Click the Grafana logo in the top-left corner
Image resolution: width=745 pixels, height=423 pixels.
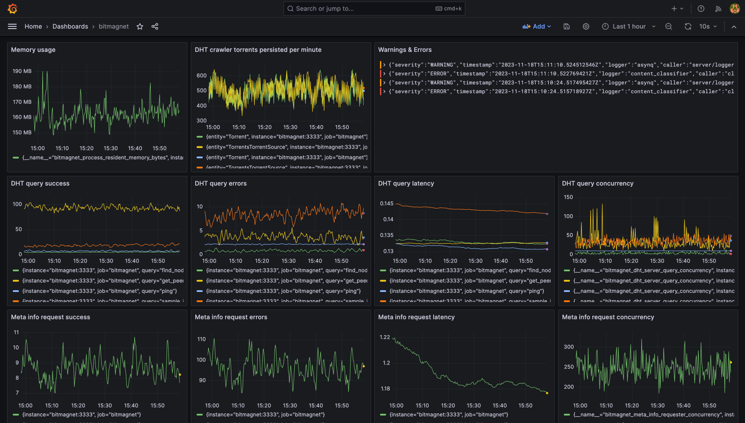[13, 8]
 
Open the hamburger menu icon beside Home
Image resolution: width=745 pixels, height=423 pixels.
[12, 26]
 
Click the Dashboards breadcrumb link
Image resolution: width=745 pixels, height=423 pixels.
[70, 26]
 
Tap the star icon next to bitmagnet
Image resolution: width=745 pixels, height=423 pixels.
[140, 26]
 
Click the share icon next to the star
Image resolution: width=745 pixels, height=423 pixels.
[155, 26]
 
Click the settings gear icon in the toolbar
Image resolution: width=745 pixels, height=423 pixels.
[586, 26]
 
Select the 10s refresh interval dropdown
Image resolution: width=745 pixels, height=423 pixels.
[708, 26]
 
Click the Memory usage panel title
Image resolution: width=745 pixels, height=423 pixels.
[33, 50]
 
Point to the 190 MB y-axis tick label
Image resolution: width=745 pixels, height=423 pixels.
[22, 71]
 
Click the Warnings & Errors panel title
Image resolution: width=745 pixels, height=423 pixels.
[405, 50]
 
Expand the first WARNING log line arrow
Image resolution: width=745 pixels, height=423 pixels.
[384, 65]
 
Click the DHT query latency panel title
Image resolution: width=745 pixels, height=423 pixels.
[406, 183]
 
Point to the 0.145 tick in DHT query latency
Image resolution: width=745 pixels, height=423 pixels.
[387, 203]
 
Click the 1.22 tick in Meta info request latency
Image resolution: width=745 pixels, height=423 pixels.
[385, 337]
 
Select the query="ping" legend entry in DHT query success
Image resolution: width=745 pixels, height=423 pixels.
[99, 291]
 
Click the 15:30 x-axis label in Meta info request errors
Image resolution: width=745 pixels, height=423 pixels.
[290, 405]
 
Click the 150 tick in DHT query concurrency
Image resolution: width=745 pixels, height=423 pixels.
[568, 197]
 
